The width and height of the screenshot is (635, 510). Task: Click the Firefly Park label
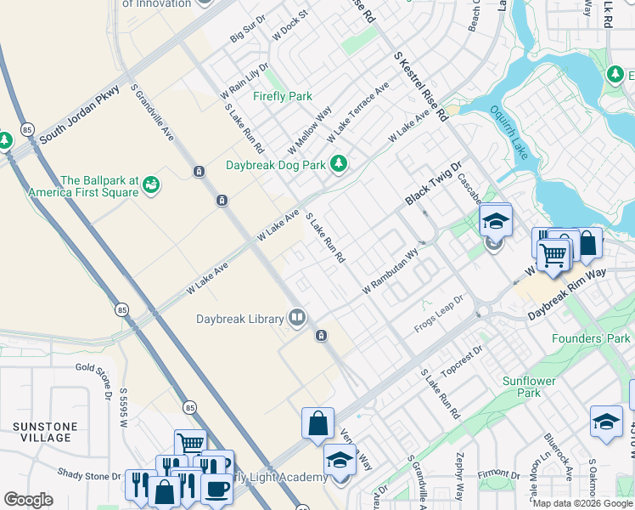283,96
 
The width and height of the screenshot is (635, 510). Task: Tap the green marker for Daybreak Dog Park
340,163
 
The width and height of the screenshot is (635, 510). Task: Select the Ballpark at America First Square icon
151,184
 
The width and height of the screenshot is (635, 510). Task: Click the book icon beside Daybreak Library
297,319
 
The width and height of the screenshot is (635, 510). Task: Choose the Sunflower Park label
521,387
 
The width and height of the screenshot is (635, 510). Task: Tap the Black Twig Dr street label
433,184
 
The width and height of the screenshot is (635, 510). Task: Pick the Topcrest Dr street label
462,360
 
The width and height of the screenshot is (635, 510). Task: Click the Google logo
28,500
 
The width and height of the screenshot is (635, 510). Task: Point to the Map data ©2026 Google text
582,503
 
